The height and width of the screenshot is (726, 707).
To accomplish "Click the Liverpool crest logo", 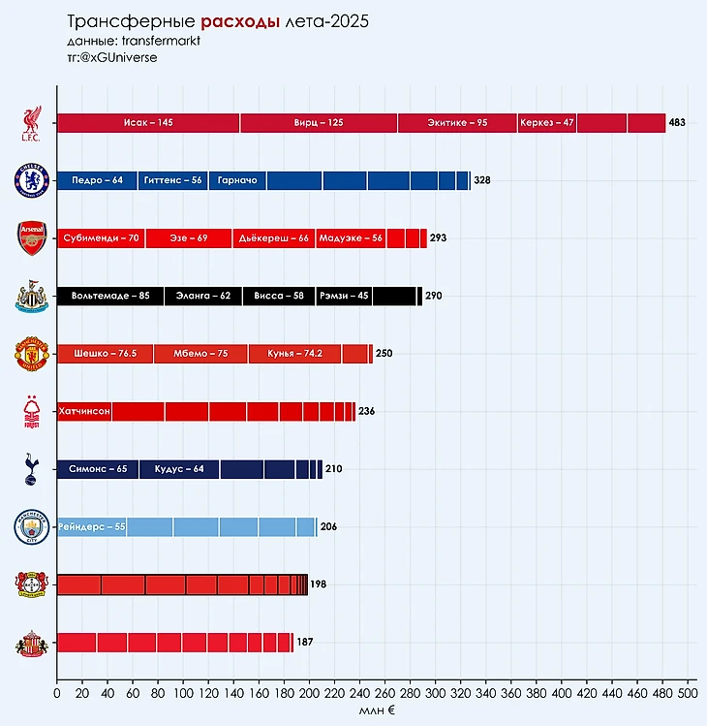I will (31, 123).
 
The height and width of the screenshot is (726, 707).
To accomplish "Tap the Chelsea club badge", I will (29, 180).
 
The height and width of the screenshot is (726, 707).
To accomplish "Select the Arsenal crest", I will (31, 237).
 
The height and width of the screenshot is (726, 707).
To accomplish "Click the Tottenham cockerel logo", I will (30, 469).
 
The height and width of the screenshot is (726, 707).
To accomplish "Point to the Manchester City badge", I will (30, 527).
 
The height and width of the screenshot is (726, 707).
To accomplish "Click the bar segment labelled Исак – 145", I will (148, 123).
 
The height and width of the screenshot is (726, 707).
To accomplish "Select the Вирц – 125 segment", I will (319, 123).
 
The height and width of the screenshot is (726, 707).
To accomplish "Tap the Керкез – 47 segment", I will (547, 123).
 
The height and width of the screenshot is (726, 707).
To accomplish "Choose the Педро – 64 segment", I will (97, 180).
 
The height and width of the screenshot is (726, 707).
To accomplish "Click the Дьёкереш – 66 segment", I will (274, 238).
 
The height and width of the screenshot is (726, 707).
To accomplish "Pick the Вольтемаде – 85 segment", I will (110, 296).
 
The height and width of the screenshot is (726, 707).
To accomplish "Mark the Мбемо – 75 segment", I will (200, 354).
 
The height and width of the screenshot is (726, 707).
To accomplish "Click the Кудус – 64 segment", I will (179, 469).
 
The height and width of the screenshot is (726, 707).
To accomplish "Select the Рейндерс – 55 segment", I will (92, 527).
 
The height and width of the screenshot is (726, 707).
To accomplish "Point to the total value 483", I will (677, 123).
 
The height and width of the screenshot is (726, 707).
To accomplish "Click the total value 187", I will (304, 643).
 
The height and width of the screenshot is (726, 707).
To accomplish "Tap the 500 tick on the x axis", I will (688, 693).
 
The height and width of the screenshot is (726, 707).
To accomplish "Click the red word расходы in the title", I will (242, 21).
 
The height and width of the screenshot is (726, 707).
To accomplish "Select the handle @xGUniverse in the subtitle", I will (120, 57).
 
